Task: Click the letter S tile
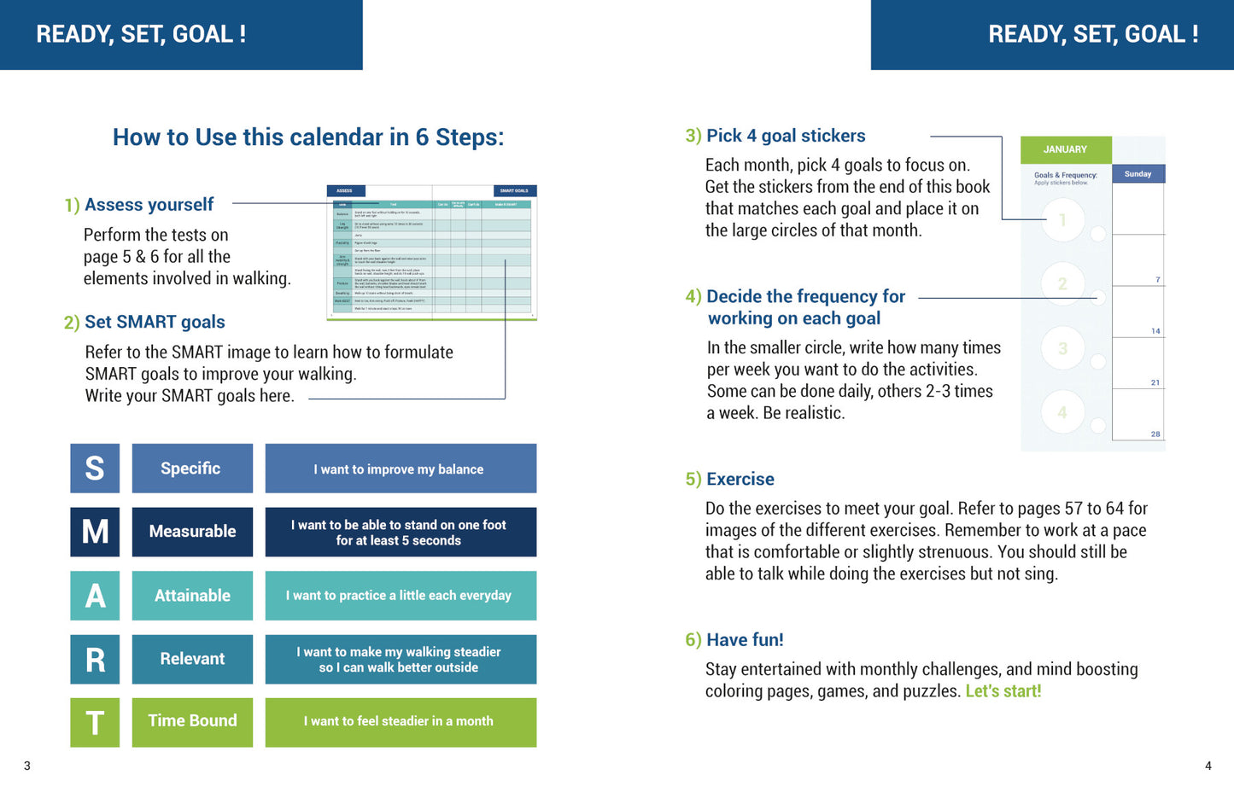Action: tap(95, 469)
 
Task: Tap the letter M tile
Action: tap(95, 532)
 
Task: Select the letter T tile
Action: tap(95, 723)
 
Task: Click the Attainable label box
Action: tap(192, 596)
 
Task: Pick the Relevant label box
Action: tap(192, 659)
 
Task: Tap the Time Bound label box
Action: tap(192, 721)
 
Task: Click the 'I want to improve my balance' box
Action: tap(401, 469)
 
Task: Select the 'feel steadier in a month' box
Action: tap(401, 722)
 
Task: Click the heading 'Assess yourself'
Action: tap(149, 205)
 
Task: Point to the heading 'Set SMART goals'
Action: tap(155, 322)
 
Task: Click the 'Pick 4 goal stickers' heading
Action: tap(786, 136)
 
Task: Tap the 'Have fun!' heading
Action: tap(745, 640)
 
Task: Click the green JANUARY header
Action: tap(1066, 149)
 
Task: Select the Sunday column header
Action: tap(1138, 174)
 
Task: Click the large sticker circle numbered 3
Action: tap(1062, 348)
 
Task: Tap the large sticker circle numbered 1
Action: tap(1062, 220)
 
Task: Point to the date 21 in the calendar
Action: tap(1155, 383)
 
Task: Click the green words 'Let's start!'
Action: tap(1003, 691)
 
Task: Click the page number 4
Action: tap(1208, 766)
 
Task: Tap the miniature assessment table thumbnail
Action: tap(432, 253)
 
